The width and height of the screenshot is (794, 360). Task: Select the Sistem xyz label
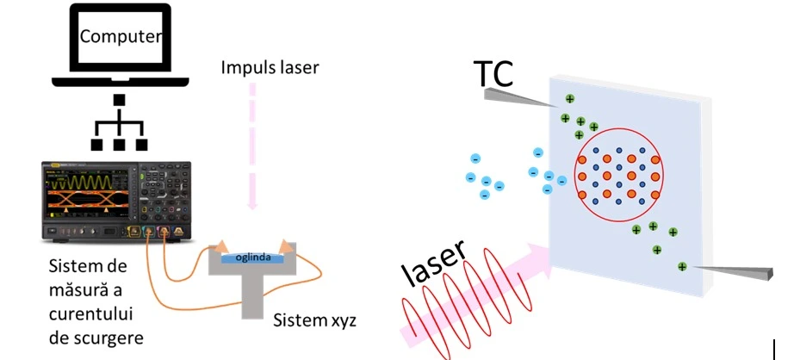coord(314,320)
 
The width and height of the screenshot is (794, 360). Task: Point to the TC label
coord(493,76)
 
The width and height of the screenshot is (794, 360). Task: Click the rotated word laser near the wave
coord(434,263)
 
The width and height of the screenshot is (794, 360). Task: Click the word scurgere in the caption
coord(95,337)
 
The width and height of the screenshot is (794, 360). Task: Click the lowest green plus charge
coord(682,267)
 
